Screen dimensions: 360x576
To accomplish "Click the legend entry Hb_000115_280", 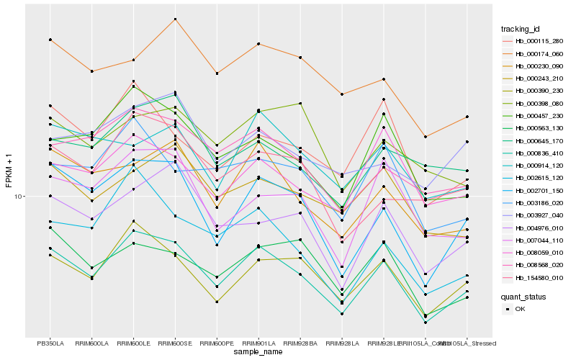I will [x=534, y=41].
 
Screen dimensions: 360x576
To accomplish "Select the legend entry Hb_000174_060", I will [x=534, y=53].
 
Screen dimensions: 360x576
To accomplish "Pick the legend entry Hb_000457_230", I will [x=534, y=115].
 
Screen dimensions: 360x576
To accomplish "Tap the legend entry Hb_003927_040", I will [x=534, y=215].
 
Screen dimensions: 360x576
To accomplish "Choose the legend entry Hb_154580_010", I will [x=534, y=277].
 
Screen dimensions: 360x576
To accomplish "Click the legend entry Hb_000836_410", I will [x=534, y=153].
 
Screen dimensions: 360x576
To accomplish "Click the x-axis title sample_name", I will [x=258, y=352].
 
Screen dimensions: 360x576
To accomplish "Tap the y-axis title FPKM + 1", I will [x=9, y=171].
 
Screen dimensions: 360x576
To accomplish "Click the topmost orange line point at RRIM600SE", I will [x=175, y=19].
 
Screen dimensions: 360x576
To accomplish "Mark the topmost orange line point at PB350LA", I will [x=50, y=40].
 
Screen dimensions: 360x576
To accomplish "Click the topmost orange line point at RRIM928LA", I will [x=342, y=94].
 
